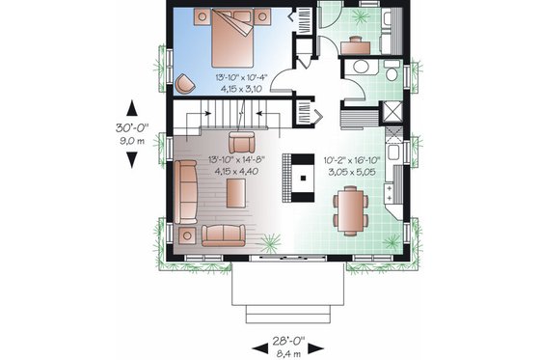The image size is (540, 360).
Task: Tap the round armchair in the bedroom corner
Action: tap(184, 81)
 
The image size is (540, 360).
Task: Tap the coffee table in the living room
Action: tap(234, 192)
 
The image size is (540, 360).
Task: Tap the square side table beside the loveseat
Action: tap(183, 235)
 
